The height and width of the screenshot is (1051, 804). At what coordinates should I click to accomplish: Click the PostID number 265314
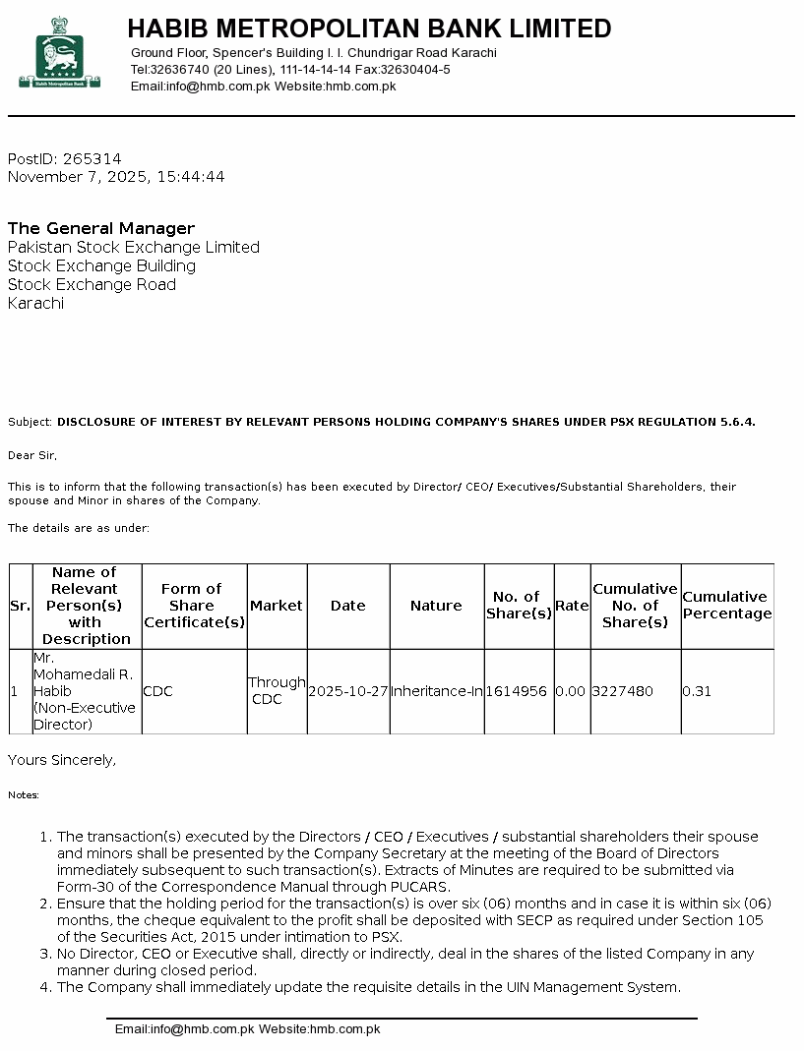(92, 159)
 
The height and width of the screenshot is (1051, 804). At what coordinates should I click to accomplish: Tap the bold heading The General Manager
(101, 228)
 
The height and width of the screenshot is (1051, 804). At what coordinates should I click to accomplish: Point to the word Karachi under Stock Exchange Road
(35, 304)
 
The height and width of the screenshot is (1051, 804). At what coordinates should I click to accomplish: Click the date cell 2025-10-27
(348, 691)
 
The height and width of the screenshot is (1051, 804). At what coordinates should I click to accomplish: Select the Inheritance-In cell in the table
(437, 691)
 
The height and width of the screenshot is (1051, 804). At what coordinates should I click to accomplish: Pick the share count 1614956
(517, 691)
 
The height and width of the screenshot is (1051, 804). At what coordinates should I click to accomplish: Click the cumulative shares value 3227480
(622, 691)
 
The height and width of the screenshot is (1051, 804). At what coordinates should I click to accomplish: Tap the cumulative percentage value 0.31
(695, 691)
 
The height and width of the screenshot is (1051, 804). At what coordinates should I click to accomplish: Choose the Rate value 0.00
(570, 691)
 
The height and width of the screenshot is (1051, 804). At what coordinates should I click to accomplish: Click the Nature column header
(436, 606)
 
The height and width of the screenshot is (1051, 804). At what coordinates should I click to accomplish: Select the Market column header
(277, 606)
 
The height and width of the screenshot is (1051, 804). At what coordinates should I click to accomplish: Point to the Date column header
(348, 606)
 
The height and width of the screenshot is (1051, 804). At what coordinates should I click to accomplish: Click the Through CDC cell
(277, 691)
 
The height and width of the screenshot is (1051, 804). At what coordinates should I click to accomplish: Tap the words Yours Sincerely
(62, 760)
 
